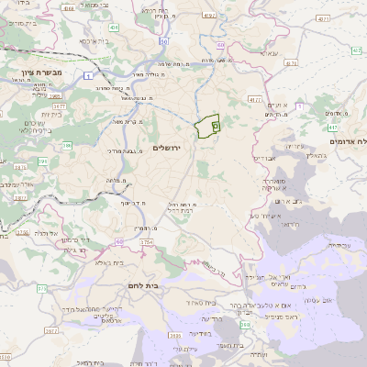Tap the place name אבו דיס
[x=261, y=157]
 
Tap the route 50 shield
[x=162, y=41]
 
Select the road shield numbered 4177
[x=254, y=97]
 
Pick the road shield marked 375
[x=41, y=288]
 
